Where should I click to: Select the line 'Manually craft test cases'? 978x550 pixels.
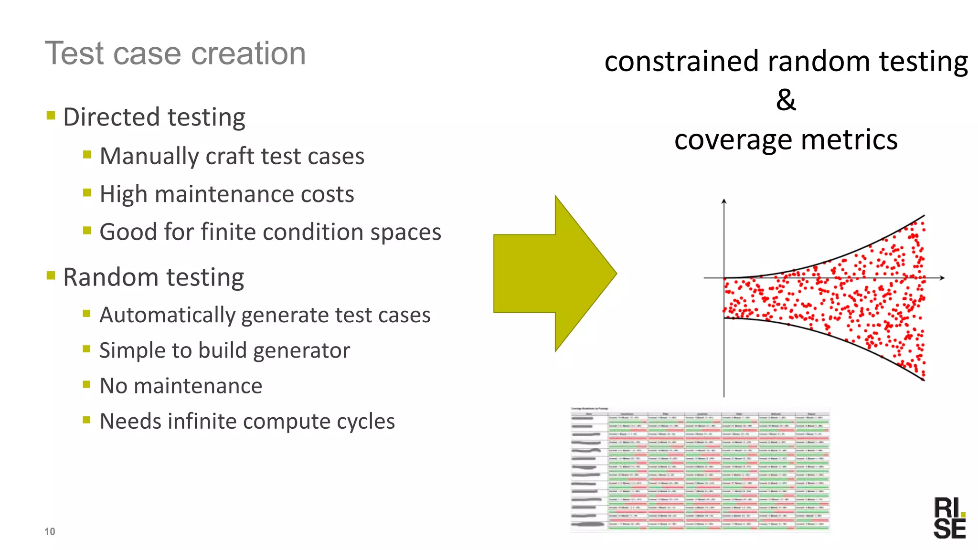232,156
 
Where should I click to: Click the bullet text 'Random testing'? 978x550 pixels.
153,277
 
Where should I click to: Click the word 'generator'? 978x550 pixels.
301,350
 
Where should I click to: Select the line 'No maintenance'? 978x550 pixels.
181,386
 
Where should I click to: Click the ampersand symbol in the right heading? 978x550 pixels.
786,100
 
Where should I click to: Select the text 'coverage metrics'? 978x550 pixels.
786,140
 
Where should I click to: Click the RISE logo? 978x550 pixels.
949,518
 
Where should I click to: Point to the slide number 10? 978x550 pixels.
50,531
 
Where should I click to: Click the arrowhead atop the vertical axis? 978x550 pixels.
724,201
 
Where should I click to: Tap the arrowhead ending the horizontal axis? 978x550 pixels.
942,277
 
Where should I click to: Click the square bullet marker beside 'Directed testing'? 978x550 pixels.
51,115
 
